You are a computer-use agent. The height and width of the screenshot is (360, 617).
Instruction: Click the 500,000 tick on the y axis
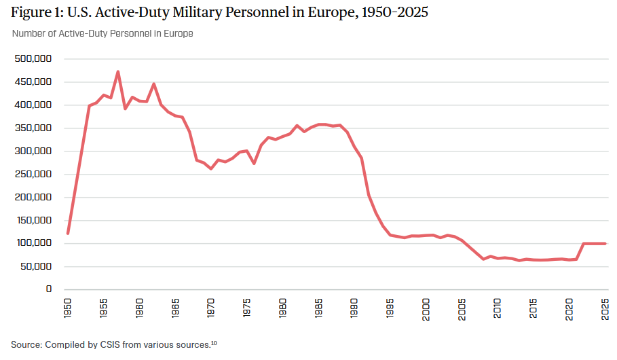point(33,59)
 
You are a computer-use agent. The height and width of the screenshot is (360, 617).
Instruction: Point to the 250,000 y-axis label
point(33,174)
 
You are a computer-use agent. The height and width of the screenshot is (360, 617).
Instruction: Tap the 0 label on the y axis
point(49,289)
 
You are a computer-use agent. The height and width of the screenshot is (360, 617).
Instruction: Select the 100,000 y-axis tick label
point(33,243)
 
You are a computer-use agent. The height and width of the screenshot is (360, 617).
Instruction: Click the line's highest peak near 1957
point(118,71)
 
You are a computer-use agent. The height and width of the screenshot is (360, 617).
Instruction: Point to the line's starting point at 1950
point(68,233)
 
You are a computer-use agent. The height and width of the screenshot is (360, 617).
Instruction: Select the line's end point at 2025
point(605,243)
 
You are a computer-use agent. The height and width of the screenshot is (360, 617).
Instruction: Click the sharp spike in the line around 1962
point(154,84)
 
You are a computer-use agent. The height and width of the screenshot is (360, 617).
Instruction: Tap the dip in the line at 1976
point(254,164)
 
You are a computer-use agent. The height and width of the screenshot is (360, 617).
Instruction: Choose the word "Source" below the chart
point(25,344)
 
